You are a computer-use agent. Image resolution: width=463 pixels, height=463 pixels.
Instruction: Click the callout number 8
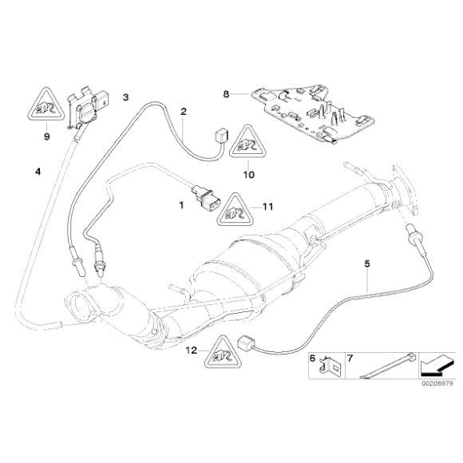click(226, 94)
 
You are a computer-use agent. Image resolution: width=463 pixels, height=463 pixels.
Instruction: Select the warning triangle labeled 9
click(46, 104)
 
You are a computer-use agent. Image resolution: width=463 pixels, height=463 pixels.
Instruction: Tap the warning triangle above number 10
click(248, 142)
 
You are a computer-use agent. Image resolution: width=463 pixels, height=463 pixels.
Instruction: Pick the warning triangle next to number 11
click(235, 210)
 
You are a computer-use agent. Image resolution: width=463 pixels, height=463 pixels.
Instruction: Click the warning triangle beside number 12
click(222, 351)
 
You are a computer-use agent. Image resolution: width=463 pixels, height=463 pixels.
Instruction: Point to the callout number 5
click(367, 263)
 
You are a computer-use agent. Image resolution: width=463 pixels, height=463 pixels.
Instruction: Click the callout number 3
click(126, 97)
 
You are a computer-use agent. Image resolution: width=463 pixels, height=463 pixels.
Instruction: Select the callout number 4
click(38, 172)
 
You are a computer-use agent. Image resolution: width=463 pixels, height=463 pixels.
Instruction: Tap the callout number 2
click(184, 112)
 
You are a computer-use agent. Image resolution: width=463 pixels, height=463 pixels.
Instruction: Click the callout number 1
click(181, 205)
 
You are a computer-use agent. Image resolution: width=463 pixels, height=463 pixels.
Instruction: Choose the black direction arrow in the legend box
click(436, 366)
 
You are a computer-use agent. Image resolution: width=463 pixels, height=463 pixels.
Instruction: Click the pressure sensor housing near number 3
click(89, 109)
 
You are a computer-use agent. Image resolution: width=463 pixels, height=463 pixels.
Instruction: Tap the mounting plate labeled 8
click(312, 113)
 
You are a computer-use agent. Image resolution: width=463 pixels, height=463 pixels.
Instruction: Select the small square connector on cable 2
click(220, 137)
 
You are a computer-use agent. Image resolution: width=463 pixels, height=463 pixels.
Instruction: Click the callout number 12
click(191, 350)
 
